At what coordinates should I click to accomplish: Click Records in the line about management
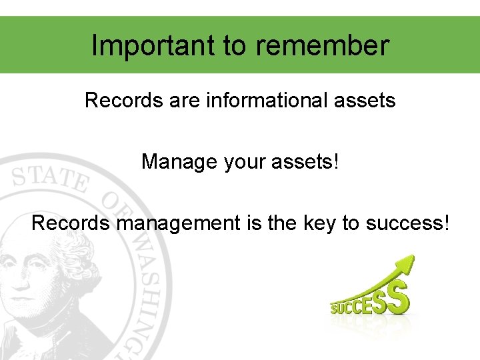pyautogui.click(x=70, y=223)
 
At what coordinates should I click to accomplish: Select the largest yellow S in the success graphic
pyautogui.click(x=398, y=298)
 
